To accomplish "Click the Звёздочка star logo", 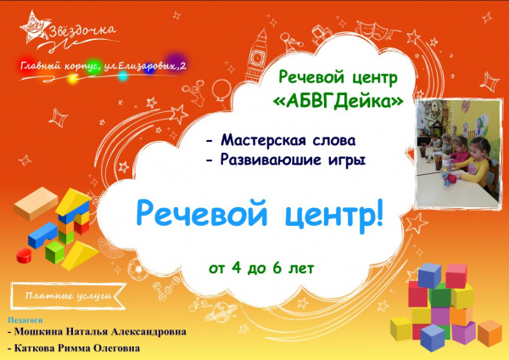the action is pos(35,28).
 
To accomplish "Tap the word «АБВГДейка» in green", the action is pos(338,102).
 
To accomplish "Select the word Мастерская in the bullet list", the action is pos(263,140).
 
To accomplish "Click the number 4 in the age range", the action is pos(236,267).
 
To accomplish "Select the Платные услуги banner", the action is pos(68,295).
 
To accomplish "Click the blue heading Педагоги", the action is pos(25,320).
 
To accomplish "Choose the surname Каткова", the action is pos(35,348).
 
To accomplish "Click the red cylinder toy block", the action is pos(24,256).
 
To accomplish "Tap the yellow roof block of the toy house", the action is pos(73,200).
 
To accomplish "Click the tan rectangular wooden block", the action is pos(36,204).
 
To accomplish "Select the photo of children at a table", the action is pos(458,154).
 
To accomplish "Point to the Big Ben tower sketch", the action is pos(256,56).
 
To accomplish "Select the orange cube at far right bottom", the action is pos(489,333).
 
